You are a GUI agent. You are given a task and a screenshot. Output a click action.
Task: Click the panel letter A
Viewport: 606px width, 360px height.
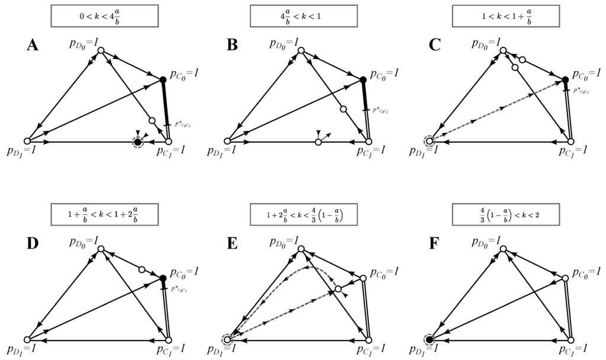[33, 45]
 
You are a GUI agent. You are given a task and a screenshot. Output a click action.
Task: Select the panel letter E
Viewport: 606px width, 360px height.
[234, 244]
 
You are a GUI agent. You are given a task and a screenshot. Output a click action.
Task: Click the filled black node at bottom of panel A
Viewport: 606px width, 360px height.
[138, 142]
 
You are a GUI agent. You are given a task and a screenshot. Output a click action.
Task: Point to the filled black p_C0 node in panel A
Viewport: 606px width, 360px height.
[163, 79]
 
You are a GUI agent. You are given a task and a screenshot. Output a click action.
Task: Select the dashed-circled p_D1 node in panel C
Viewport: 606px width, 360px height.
[429, 141]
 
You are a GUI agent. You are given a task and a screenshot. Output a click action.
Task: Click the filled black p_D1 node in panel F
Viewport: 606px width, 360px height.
[429, 340]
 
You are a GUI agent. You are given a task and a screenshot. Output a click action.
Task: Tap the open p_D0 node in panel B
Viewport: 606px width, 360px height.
[301, 50]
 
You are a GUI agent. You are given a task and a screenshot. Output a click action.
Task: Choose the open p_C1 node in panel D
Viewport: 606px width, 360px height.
[169, 340]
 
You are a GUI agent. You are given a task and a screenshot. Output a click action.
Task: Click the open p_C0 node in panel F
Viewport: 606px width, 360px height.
[565, 277]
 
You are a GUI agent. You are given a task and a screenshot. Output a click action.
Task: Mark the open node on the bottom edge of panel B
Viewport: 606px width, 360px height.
[318, 142]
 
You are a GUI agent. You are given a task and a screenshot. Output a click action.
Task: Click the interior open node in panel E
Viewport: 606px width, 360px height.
[338, 290]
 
